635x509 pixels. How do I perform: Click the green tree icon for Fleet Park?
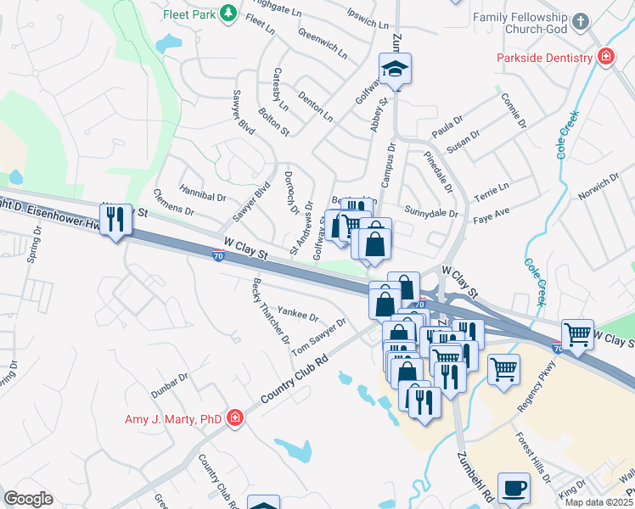point(228,13)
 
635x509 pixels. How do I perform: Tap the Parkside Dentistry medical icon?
point(606,58)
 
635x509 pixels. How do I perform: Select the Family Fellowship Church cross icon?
point(581,22)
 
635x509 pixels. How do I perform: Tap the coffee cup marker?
point(514,489)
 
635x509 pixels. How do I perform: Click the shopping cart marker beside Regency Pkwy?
point(504,370)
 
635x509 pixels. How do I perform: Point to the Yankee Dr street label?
point(298,315)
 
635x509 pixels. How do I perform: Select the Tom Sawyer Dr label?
point(319,337)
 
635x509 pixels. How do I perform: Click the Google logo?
point(28,498)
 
